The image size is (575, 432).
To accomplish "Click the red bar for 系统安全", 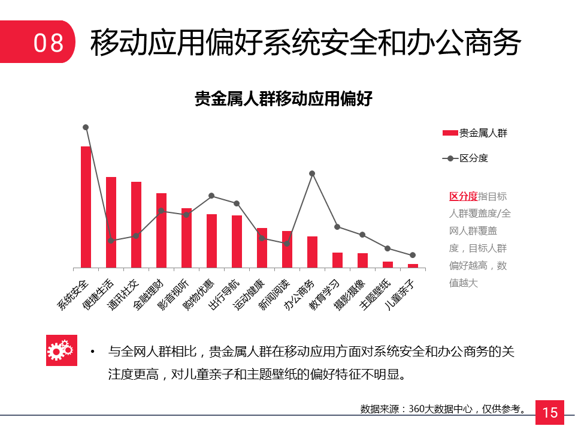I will [86, 207].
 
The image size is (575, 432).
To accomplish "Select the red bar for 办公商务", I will [312, 252].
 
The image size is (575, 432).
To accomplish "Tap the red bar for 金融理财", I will [161, 230].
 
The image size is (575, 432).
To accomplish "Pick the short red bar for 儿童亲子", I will [413, 265].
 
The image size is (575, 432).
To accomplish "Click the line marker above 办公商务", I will [312, 173].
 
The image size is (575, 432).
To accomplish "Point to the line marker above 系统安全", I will [86, 127].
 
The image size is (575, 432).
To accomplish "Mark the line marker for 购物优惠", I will [211, 196].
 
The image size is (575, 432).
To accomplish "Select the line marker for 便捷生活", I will [111, 241].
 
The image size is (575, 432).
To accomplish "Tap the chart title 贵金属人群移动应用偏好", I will [284, 98].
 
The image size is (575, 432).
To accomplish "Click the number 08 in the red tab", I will [48, 43].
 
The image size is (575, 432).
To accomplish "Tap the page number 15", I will [549, 413].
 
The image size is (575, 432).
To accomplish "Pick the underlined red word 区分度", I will [463, 196].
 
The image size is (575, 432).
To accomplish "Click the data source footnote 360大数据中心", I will [443, 409].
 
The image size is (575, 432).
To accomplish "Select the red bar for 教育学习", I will [337, 260].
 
